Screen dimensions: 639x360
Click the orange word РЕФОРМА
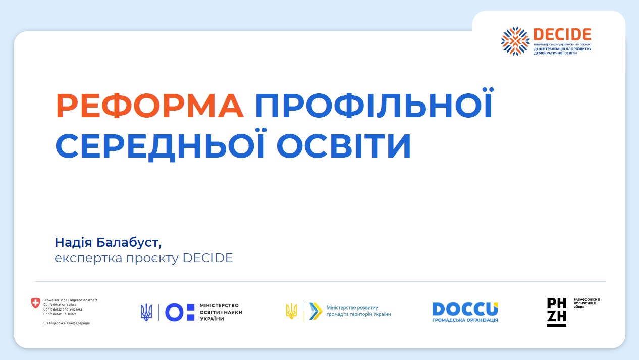pos(150,106)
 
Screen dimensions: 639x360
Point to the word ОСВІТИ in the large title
pos(344,145)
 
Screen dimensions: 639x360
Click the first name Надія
pos(73,242)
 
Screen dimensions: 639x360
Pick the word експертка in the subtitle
pos(88,258)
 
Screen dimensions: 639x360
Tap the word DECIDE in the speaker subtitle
pos(207,258)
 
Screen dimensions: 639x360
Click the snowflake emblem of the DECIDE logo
pos(515,41)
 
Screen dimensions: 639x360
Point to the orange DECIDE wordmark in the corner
pos(562,34)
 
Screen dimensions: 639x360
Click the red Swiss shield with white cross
pos(36,303)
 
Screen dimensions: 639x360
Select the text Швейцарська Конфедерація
pos(67,323)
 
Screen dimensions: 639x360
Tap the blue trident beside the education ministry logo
pos(146,312)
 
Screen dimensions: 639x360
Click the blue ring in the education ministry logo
pos(174,313)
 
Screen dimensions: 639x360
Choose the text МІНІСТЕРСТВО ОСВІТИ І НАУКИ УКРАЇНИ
pos(221,312)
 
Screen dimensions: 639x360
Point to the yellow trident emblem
pos(291,311)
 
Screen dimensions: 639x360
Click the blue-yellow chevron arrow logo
pos(315,311)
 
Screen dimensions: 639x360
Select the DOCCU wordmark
pos(465,309)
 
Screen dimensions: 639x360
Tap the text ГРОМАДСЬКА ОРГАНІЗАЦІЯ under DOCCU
pos(465,320)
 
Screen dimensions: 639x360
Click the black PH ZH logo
pos(557,312)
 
